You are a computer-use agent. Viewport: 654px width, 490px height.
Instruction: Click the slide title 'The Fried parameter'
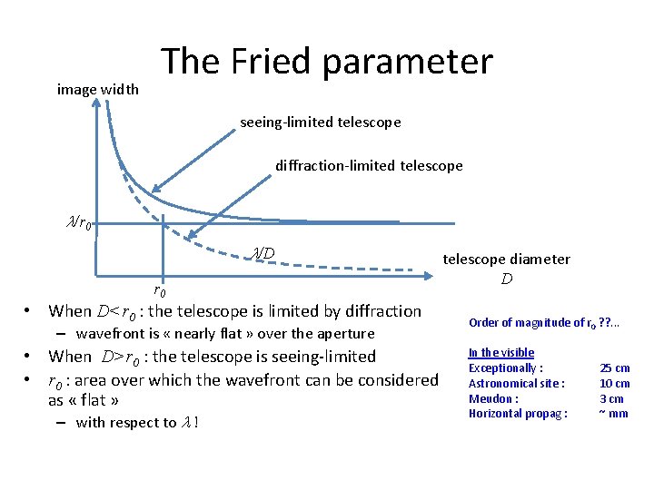coord(327,62)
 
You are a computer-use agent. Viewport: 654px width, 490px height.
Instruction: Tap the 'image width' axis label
coord(97,89)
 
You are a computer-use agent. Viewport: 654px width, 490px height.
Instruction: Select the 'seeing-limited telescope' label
coord(320,122)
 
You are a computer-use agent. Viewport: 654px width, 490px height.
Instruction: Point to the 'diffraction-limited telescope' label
coord(369,165)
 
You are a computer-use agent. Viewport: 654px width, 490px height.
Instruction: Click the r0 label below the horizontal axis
coord(159,291)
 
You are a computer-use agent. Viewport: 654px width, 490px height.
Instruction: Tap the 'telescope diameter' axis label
coord(506,260)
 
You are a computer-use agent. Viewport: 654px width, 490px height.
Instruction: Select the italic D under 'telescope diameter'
coord(506,279)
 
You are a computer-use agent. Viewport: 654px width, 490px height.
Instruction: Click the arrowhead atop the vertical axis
coord(97,103)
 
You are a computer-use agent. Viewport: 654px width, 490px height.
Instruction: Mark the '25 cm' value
coord(614,367)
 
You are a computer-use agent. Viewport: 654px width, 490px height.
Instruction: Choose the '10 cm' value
coord(614,383)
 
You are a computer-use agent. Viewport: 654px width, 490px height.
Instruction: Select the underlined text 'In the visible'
coord(500,352)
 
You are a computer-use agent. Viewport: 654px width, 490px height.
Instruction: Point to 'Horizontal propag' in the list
coord(514,414)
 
